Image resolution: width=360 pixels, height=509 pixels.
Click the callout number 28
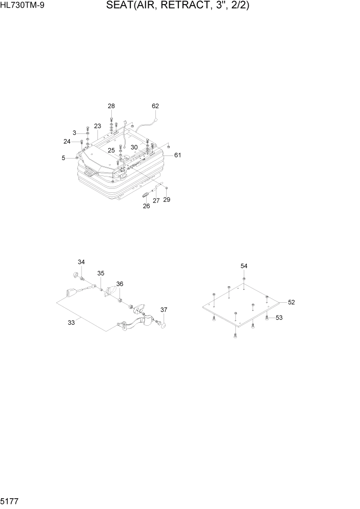(x=111, y=106)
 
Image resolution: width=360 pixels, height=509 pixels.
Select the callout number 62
(x=155, y=106)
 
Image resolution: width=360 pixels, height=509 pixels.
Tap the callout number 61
(x=177, y=155)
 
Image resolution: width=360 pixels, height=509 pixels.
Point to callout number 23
(x=97, y=126)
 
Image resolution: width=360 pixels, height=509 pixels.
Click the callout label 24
(x=67, y=141)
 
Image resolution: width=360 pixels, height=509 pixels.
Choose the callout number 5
(x=64, y=158)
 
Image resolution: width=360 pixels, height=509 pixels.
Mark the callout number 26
(x=146, y=206)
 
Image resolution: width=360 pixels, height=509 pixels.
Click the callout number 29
(x=166, y=199)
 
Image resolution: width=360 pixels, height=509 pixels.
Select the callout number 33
(x=71, y=322)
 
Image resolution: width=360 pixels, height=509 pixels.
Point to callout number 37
(x=164, y=310)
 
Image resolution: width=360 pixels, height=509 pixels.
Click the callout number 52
(x=291, y=302)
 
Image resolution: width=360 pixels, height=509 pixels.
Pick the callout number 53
(x=279, y=318)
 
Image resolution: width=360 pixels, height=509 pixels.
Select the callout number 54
(x=244, y=266)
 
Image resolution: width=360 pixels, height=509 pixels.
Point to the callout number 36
(x=119, y=284)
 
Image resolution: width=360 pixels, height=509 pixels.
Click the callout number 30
(x=134, y=147)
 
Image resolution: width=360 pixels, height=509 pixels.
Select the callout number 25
(x=111, y=150)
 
